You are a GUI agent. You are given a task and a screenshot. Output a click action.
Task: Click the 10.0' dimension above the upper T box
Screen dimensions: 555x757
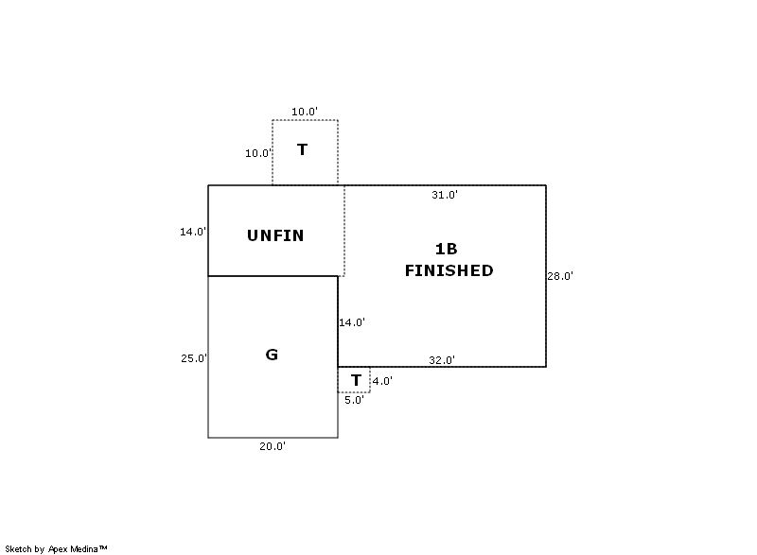click(x=304, y=112)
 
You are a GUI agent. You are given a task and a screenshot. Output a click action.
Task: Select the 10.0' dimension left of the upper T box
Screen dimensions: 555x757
click(x=258, y=153)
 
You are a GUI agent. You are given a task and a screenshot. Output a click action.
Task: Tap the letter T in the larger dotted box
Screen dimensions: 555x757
click(x=302, y=149)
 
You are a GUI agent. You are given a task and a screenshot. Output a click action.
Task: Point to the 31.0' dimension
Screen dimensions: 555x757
click(x=445, y=195)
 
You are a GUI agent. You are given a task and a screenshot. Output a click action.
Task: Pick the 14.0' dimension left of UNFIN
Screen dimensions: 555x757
click(x=193, y=232)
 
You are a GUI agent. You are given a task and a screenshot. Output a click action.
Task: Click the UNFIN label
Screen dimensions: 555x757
click(x=275, y=235)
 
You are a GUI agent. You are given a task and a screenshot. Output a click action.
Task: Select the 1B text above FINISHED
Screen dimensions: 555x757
click(x=446, y=249)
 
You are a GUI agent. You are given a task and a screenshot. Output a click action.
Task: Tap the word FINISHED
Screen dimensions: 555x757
click(x=449, y=270)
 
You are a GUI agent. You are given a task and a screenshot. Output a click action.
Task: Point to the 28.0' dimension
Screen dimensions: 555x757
click(x=560, y=276)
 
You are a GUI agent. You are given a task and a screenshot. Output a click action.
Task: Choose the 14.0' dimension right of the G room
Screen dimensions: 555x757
click(x=352, y=322)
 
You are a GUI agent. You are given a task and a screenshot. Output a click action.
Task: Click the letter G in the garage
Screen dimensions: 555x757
click(x=272, y=355)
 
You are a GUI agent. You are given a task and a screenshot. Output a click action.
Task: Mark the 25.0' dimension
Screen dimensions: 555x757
click(x=194, y=358)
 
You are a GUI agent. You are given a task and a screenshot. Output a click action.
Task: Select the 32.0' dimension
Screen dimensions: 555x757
click(x=442, y=360)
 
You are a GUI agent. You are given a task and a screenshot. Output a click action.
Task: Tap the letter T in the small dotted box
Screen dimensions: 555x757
click(x=356, y=380)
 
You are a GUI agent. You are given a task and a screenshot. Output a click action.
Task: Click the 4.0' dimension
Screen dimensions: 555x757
click(x=381, y=381)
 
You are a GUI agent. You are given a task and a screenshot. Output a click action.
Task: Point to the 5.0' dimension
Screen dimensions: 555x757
click(x=354, y=400)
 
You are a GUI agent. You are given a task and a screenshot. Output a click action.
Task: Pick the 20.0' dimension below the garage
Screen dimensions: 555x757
click(x=273, y=446)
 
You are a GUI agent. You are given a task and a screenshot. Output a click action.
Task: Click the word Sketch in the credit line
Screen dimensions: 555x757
click(x=18, y=548)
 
